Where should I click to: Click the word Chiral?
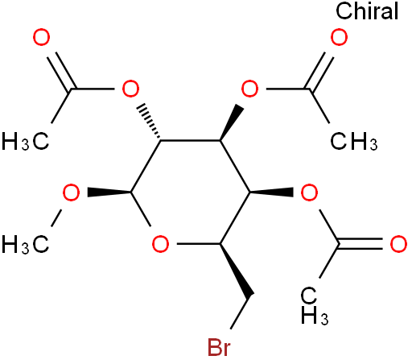367,11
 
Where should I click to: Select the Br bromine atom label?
219,348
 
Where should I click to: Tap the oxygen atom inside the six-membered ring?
160,244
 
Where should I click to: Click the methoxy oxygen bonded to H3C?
71,192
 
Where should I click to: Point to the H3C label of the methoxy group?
26,244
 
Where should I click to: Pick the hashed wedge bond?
149,122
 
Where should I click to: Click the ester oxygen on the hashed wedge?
130,89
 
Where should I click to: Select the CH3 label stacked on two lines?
315,306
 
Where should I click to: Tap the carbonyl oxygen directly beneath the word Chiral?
339,37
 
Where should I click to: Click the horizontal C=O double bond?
360,244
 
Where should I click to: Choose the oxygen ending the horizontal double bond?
398,244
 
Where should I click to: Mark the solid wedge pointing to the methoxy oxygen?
109,192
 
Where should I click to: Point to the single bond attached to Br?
241,312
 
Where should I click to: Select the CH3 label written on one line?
354,141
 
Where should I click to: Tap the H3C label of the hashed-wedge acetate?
26,141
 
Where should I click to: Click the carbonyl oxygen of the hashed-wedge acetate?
42,37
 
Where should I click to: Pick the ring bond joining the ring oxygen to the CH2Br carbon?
199,244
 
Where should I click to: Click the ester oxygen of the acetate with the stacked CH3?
309,192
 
